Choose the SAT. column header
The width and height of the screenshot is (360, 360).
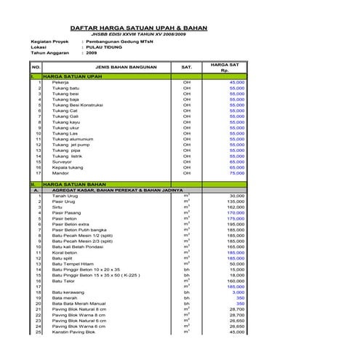pyautogui.click(x=186, y=67)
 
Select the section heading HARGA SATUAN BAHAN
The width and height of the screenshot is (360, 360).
pyautogui.click(x=74, y=185)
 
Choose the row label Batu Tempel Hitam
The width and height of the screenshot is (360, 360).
pyautogui.click(x=73, y=264)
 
